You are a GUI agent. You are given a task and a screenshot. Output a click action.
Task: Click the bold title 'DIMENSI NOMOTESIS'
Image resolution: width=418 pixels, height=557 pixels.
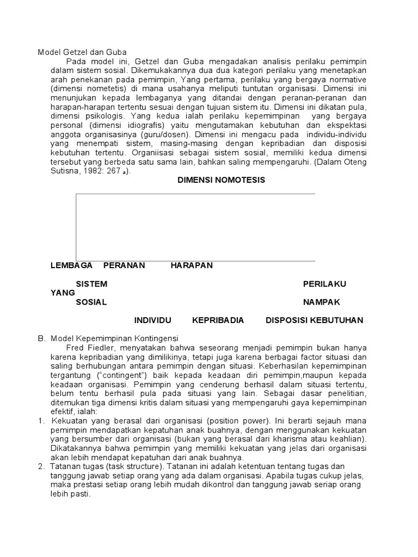tap(222, 180)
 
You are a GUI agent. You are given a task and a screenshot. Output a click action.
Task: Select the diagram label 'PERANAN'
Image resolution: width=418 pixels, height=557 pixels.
tap(124, 265)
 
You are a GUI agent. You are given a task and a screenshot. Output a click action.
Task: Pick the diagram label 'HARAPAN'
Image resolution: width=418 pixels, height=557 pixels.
tap(192, 265)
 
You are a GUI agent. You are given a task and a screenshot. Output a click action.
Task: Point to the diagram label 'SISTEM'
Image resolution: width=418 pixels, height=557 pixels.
tap(91, 284)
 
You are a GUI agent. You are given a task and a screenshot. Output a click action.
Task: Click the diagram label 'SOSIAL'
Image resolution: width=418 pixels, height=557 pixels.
tap(91, 302)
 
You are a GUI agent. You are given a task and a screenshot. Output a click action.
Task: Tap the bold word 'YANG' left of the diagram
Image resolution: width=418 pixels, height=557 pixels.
tap(63, 293)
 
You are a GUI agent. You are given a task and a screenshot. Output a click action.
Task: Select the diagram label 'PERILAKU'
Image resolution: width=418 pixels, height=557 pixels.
tap(324, 284)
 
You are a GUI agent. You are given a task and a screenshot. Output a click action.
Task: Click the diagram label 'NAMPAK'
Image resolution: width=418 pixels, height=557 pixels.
tap(322, 302)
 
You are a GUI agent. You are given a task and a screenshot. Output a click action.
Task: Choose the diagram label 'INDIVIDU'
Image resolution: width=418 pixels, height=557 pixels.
tap(153, 320)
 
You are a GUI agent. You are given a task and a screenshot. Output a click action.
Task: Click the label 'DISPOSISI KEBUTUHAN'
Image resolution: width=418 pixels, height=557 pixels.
tap(314, 320)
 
